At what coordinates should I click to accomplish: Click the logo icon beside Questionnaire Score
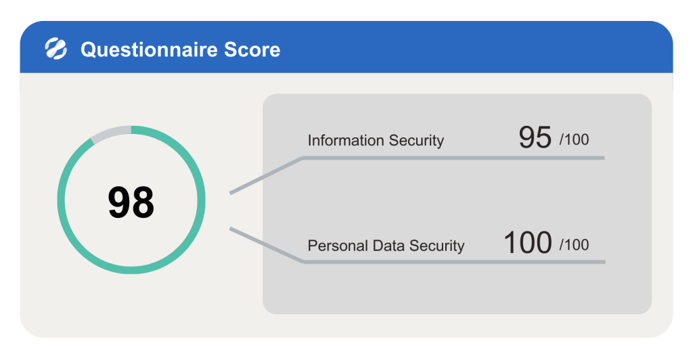[56, 49]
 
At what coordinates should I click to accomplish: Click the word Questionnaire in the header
[149, 49]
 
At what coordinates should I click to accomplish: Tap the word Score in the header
[252, 49]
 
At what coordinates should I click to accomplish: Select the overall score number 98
[131, 202]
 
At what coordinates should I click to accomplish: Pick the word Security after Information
[416, 140]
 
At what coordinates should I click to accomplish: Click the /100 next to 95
[574, 139]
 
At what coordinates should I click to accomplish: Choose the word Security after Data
[437, 246]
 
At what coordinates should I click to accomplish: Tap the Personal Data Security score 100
[528, 242]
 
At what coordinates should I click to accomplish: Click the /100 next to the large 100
[574, 245]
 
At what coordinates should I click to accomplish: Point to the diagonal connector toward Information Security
[266, 175]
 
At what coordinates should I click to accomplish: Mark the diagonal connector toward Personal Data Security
[266, 245]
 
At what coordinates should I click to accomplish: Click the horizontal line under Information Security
[453, 158]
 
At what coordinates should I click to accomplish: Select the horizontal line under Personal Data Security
[454, 262]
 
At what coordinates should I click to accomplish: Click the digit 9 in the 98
[119, 202]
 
